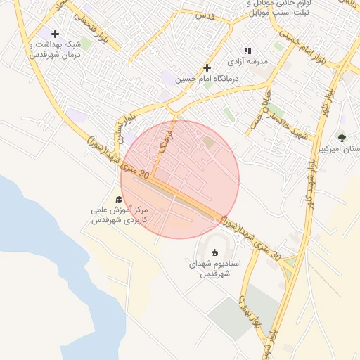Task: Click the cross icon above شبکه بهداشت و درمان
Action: [x=55, y=34]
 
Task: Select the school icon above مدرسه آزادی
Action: [x=247, y=51]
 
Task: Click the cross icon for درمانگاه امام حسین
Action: [x=207, y=67]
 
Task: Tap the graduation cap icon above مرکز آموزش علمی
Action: [x=118, y=200]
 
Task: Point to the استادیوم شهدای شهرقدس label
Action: [x=215, y=269]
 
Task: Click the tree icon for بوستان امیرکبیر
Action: [x=342, y=138]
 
